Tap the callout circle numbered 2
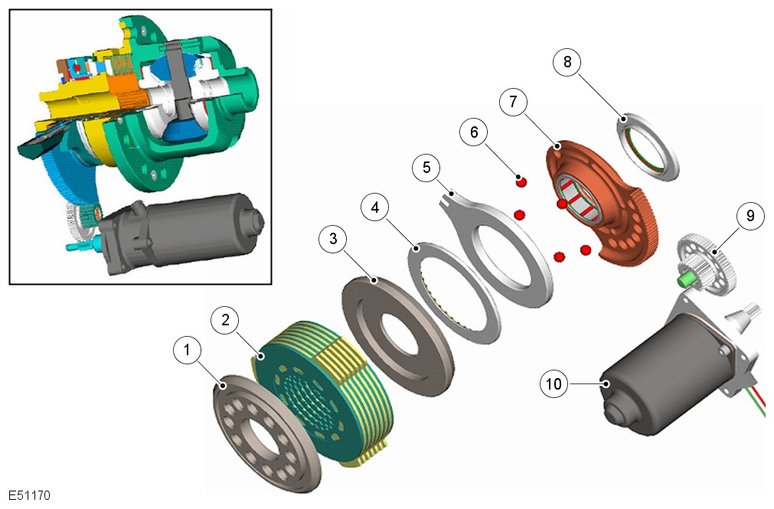point(225,320)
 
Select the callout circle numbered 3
point(333,239)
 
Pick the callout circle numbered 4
point(375,207)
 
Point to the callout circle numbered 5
point(427,167)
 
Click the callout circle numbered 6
point(474,132)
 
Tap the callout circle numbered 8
point(567,63)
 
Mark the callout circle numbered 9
point(750,216)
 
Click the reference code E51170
point(30,495)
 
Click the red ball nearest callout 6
point(521,181)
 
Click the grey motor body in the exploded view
point(658,383)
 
